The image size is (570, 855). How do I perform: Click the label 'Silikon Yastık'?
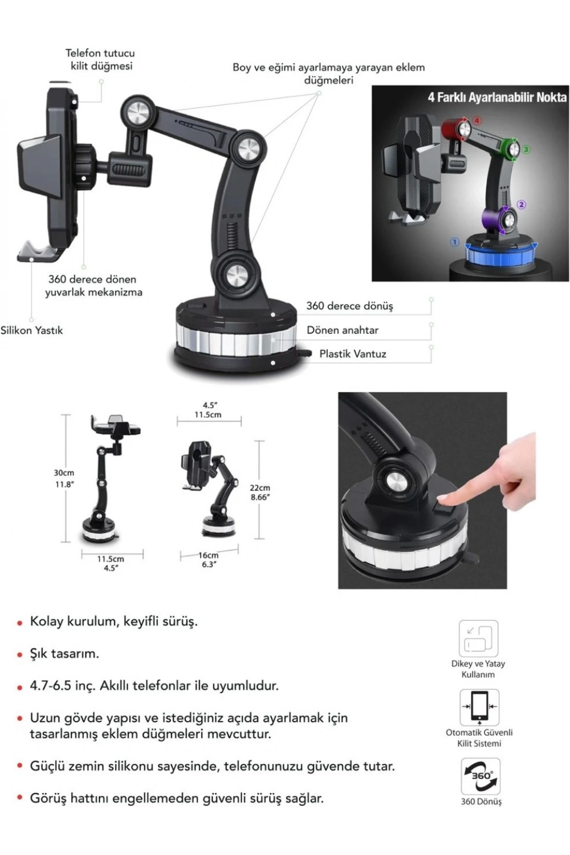pyautogui.click(x=32, y=330)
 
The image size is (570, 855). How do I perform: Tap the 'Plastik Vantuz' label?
pyautogui.click(x=353, y=354)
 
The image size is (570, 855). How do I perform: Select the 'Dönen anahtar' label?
pyautogui.click(x=343, y=330)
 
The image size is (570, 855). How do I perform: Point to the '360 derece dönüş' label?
pyautogui.click(x=349, y=306)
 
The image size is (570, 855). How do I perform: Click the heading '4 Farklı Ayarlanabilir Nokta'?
pyautogui.click(x=497, y=97)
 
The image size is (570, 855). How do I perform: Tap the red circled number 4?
pyautogui.click(x=477, y=121)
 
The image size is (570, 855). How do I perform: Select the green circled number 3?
pyautogui.click(x=526, y=149)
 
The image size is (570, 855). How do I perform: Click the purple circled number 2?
pyautogui.click(x=522, y=205)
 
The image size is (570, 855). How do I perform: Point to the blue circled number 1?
pyautogui.click(x=454, y=242)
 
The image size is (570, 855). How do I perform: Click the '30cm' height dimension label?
pyautogui.click(x=64, y=473)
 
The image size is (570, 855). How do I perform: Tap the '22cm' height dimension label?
pyautogui.click(x=260, y=487)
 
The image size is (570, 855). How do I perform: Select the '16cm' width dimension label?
pyautogui.click(x=209, y=555)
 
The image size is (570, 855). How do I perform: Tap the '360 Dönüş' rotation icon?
pyautogui.click(x=481, y=776)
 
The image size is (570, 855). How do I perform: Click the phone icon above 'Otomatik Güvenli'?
pyautogui.click(x=479, y=707)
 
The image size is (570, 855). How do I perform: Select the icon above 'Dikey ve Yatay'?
pyautogui.click(x=478, y=638)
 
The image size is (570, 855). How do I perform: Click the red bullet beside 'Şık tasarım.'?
pyautogui.click(x=20, y=655)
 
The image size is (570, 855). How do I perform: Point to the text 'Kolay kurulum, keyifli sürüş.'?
pyautogui.click(x=114, y=621)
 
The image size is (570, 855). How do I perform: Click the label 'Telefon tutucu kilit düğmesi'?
pyautogui.click(x=100, y=59)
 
